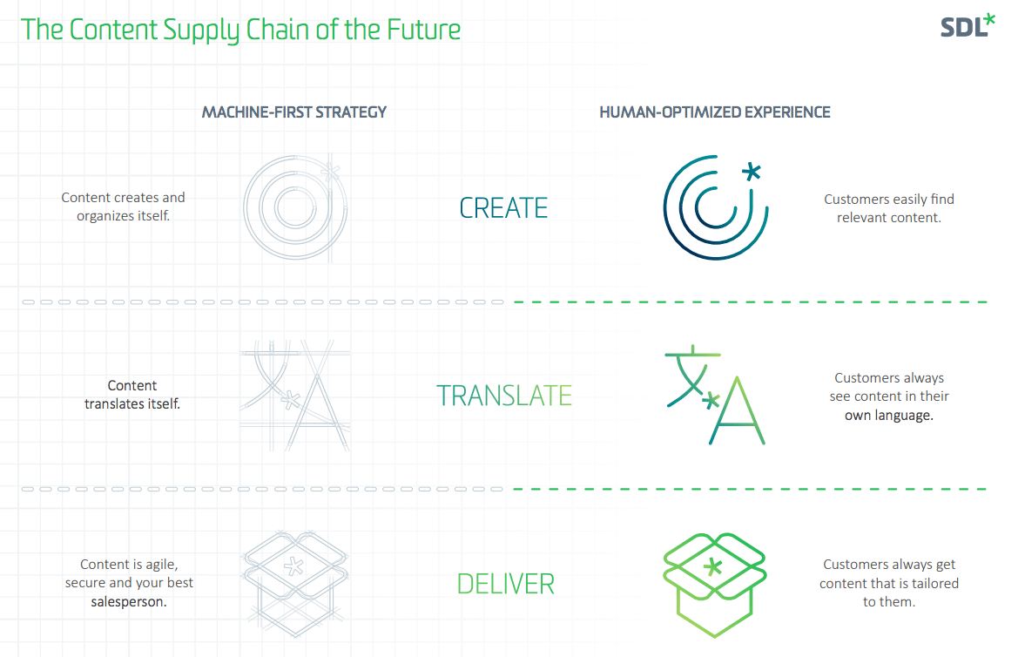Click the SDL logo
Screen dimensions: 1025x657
pos(968,26)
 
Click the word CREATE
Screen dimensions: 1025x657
pos(503,208)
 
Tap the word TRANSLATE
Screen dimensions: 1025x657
pos(504,396)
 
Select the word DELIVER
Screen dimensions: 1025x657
pos(505,584)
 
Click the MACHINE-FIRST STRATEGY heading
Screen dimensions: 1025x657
pos(294,112)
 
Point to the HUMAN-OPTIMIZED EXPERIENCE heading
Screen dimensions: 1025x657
pos(714,112)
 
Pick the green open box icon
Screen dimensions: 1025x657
pos(714,585)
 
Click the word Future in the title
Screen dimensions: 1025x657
pos(423,30)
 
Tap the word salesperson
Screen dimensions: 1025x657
pos(129,602)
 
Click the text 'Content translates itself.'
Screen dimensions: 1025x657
pos(132,395)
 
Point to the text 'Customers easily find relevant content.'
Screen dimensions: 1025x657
pos(889,208)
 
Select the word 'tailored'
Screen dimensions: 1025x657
pos(934,584)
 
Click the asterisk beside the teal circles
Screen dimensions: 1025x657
pos(752,173)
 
